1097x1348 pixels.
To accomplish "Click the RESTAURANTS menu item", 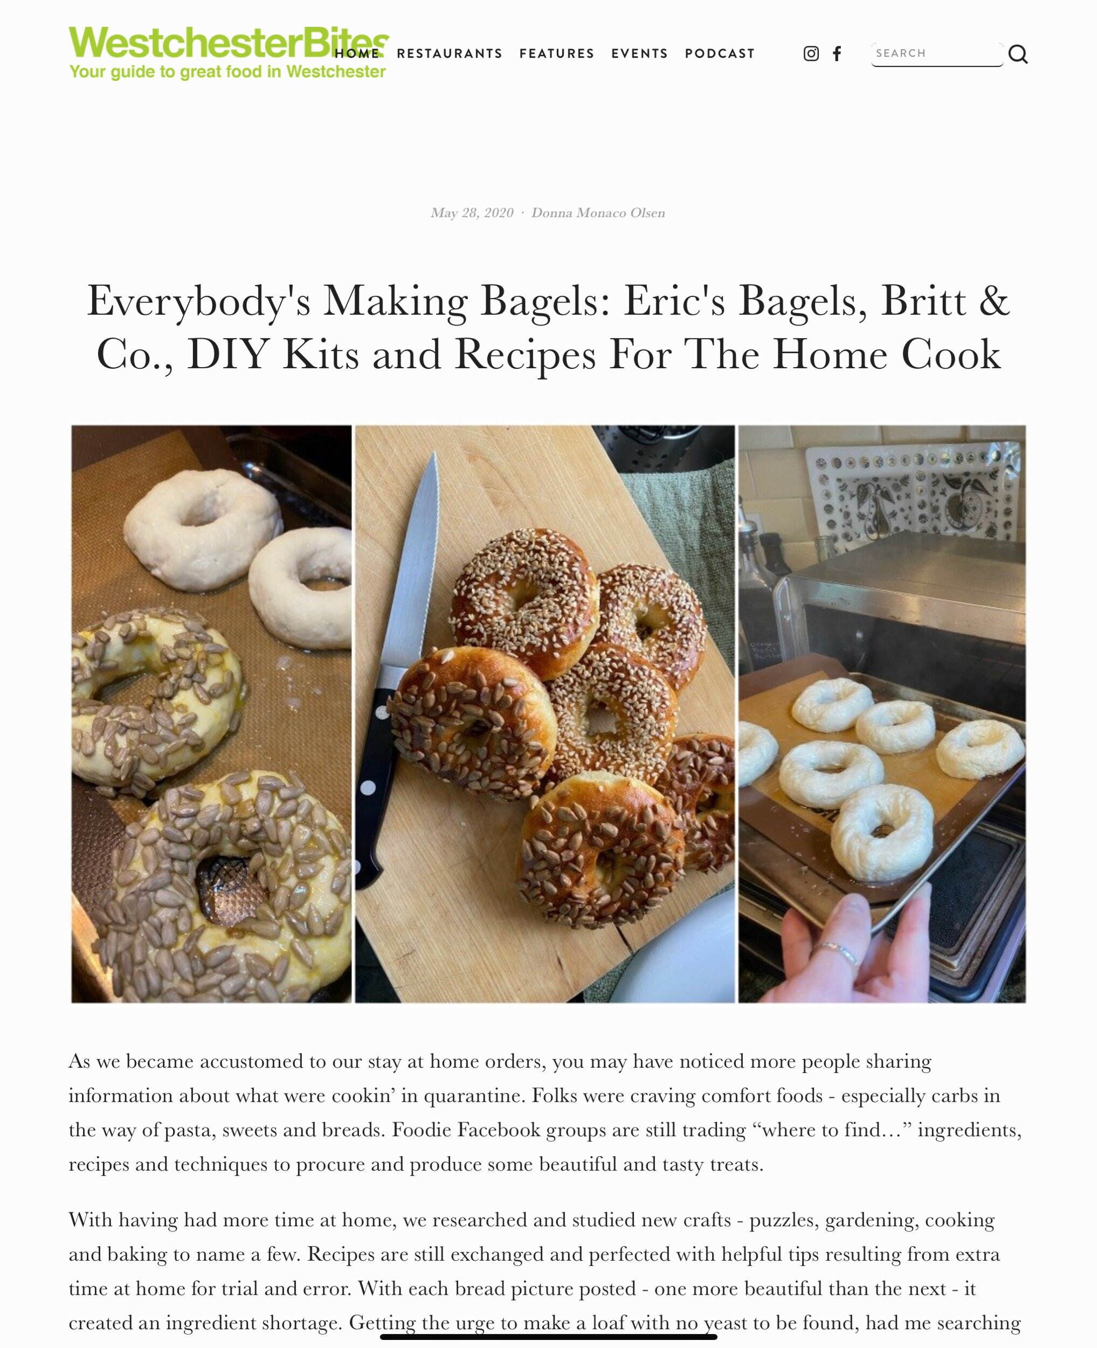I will [449, 54].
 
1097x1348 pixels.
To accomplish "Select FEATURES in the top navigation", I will [557, 54].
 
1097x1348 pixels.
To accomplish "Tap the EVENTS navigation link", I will [639, 54].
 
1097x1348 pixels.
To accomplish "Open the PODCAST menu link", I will [720, 54].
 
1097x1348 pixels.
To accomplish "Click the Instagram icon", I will [811, 54].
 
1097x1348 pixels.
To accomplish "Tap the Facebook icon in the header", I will [837, 54].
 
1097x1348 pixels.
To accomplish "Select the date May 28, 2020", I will [472, 213].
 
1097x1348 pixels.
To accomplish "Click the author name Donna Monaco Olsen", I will [598, 213].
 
